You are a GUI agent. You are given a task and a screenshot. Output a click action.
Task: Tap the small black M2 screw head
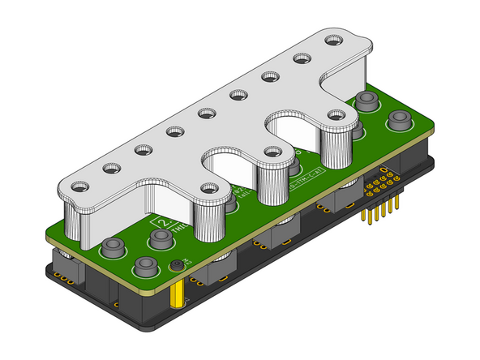[x=176, y=266]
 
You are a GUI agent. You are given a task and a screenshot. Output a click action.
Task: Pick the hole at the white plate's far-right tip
[x=332, y=38]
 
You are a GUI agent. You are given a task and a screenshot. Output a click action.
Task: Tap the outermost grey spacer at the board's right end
[x=398, y=122]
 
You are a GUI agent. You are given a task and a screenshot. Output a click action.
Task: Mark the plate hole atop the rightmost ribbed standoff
[x=334, y=114]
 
